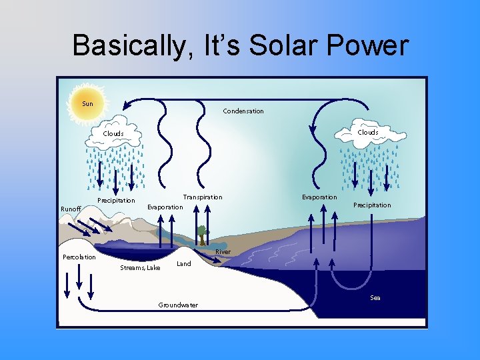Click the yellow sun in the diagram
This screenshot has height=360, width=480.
88,103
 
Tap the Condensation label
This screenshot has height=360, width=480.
243,111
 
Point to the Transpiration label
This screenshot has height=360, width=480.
203,197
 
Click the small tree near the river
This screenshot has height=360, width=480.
201,235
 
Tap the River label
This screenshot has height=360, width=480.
223,252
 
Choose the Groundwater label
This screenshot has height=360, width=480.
178,305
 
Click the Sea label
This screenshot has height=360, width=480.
375,298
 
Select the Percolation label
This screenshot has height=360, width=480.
79,257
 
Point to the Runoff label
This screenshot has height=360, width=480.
71,209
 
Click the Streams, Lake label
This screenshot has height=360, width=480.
140,268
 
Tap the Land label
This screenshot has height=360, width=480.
183,264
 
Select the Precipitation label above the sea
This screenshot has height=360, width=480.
372,205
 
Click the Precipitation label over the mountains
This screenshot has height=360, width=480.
116,201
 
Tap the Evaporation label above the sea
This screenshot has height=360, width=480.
319,197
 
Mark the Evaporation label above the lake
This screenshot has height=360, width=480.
165,207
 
